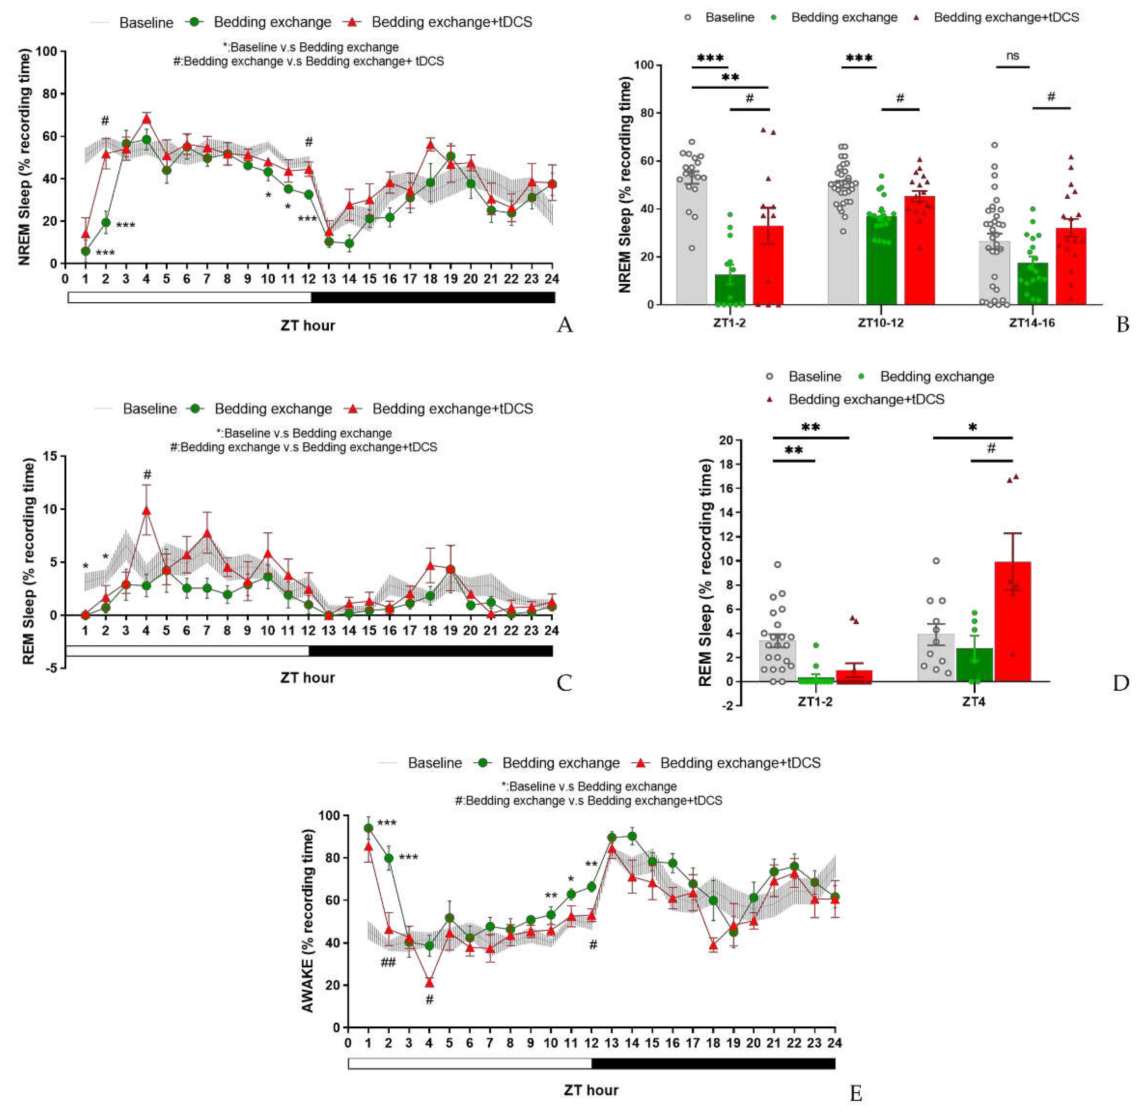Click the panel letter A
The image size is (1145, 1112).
[x=564, y=325]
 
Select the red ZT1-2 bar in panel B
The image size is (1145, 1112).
[x=767, y=266]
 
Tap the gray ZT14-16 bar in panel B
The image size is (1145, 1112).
[x=994, y=273]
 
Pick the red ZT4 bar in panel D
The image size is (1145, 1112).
[x=1012, y=622]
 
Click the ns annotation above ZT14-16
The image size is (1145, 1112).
[x=1013, y=56]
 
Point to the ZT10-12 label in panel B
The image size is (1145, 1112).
[x=880, y=323]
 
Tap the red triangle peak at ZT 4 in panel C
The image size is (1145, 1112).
[x=147, y=510]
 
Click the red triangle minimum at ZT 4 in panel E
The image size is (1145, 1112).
[x=429, y=983]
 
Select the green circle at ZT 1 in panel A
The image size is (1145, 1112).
[x=85, y=251]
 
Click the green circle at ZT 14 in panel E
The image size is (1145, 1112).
[x=632, y=836]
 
